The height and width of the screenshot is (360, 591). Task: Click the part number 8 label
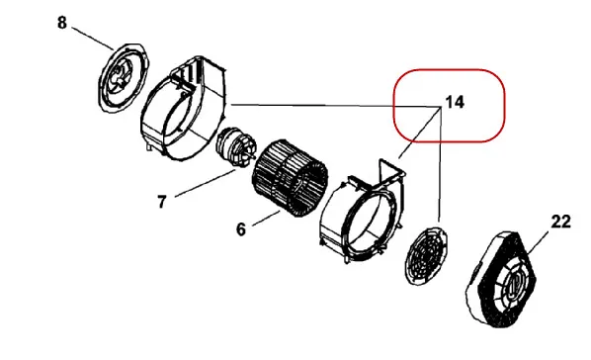click(x=62, y=23)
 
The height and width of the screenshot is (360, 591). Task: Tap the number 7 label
click(x=162, y=202)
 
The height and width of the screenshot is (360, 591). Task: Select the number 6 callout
click(x=241, y=229)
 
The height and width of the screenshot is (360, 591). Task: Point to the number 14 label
click(x=455, y=102)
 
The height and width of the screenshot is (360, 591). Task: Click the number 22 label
click(x=560, y=222)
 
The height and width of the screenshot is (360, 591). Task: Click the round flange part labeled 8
click(x=123, y=77)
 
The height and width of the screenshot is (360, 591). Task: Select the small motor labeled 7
click(x=236, y=147)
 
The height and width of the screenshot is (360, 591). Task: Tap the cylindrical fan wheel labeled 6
click(x=290, y=178)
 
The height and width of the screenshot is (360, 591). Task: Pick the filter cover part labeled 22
click(x=501, y=280)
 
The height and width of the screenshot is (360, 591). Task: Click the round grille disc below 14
click(x=426, y=256)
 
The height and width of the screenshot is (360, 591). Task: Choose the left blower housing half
click(x=184, y=109)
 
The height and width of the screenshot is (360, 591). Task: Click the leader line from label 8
click(x=92, y=39)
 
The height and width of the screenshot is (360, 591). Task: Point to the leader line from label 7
click(x=205, y=183)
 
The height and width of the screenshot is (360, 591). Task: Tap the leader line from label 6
click(x=266, y=219)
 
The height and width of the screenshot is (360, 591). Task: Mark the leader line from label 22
click(x=541, y=240)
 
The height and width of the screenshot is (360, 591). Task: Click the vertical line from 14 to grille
click(x=440, y=164)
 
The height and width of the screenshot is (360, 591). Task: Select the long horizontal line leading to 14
click(x=335, y=106)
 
